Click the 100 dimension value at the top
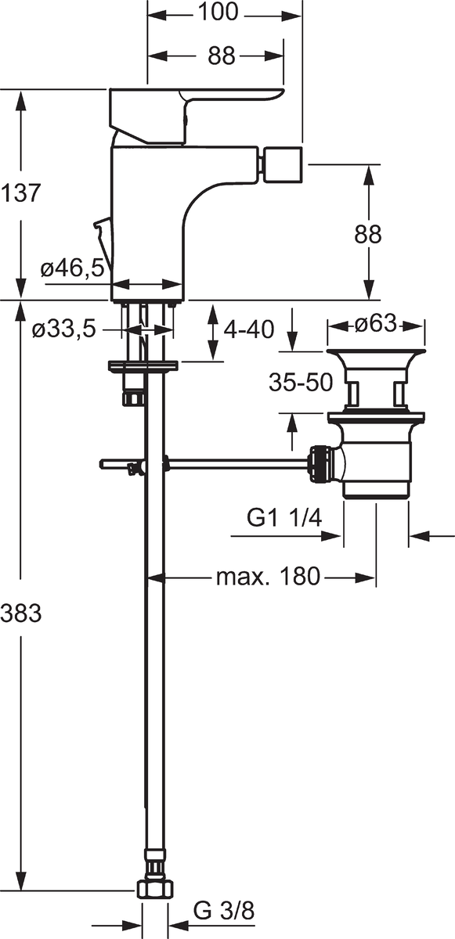218,13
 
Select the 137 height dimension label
20,193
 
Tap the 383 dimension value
20,613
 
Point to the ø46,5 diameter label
72,268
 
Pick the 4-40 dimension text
249,329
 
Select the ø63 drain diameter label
375,323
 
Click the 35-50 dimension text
301,383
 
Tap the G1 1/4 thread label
284,519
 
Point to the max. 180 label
268,577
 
